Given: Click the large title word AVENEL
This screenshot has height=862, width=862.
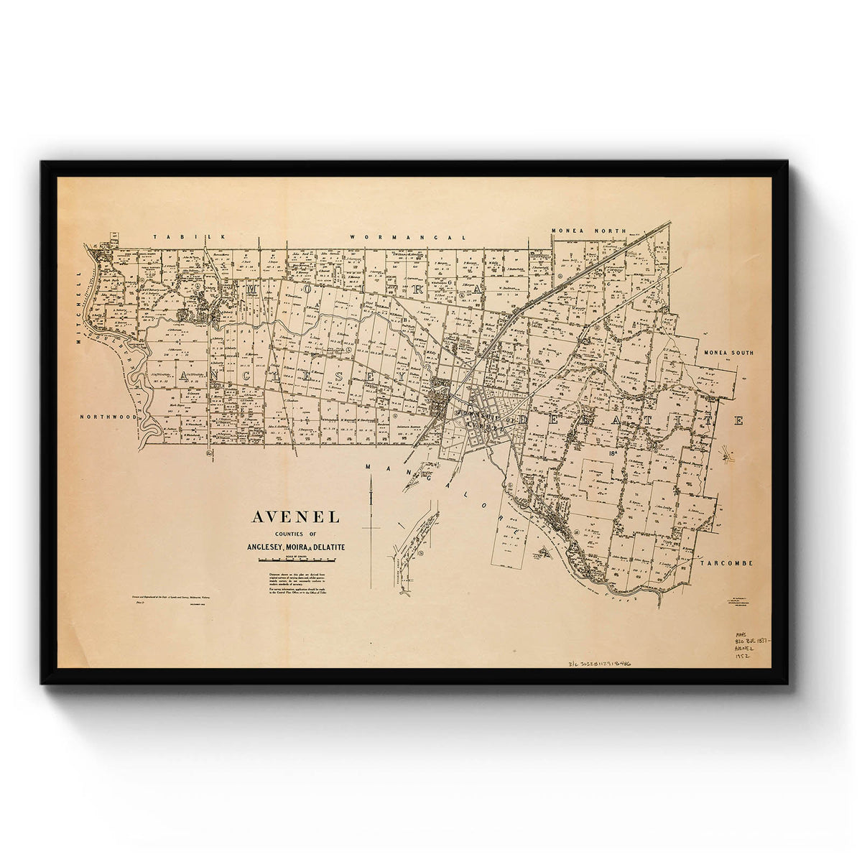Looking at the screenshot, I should pos(295,516).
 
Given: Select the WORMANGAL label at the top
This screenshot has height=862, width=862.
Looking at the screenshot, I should pos(408,236).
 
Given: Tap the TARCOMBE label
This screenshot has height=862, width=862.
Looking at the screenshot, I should pos(728,563).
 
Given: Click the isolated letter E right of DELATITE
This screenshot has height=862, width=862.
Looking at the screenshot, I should pos(738,420).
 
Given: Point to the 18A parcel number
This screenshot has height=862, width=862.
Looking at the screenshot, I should pos(613,453).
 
